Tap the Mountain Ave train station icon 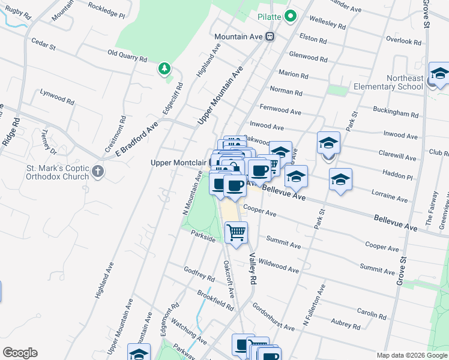pos(270,37)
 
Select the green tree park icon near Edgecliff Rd pos(164,70)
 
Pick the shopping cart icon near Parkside pos(236,232)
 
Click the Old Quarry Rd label pos(127,59)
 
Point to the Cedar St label pos(43,44)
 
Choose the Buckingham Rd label pos(396,113)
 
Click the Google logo pos(20,353)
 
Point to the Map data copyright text pos(412,355)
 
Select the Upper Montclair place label pos(178,163)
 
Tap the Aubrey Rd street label pos(345,325)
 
